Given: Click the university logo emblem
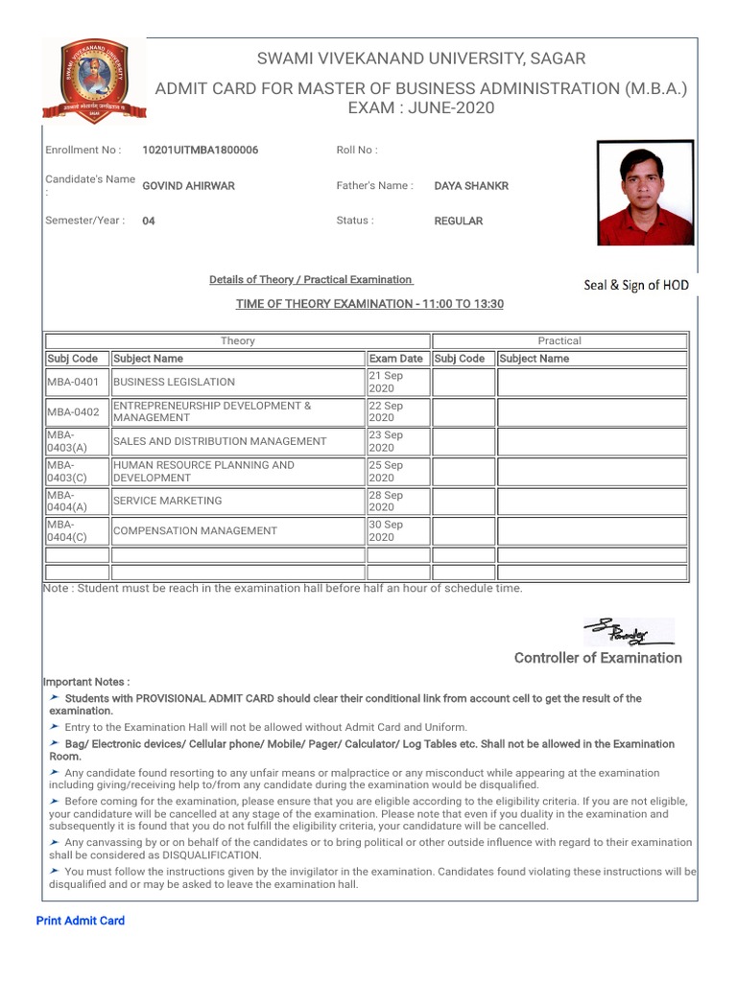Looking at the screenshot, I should (94, 83).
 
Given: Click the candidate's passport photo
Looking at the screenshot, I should (644, 194).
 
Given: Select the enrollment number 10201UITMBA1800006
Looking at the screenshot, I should (200, 151).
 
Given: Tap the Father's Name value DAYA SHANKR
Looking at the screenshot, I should (471, 186).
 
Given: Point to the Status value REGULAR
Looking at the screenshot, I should (459, 222).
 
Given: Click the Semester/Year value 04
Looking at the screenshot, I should (149, 222).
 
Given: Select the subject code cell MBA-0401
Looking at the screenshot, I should (76, 382).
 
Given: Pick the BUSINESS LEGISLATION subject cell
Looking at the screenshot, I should (238, 382).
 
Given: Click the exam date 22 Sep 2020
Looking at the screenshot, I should (397, 411).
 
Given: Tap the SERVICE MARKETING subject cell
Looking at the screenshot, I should (238, 501).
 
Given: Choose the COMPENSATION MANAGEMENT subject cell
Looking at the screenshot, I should (238, 530).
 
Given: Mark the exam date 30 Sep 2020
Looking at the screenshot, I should (397, 530).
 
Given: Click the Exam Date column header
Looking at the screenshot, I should (396, 359).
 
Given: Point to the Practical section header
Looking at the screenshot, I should (559, 340).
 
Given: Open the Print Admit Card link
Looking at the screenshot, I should (81, 921).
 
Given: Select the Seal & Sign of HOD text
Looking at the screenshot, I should (636, 285).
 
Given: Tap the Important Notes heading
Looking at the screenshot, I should (86, 682).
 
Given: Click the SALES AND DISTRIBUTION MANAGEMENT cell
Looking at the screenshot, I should (238, 441).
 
